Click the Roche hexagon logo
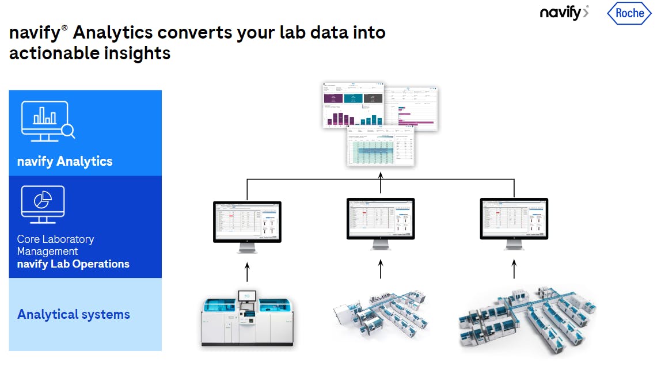pyautogui.click(x=630, y=13)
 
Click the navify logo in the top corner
pyautogui.click(x=564, y=12)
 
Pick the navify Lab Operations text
pyautogui.click(x=73, y=264)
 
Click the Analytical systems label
pyautogui.click(x=74, y=314)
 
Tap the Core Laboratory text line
pyautogui.click(x=55, y=239)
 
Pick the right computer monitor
pyautogui.click(x=514, y=224)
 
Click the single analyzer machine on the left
pyautogui.click(x=246, y=320)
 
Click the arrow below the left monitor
pyautogui.click(x=247, y=272)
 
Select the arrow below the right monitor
pyautogui.click(x=514, y=269)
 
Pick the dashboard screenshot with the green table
pyautogui.click(x=380, y=147)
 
